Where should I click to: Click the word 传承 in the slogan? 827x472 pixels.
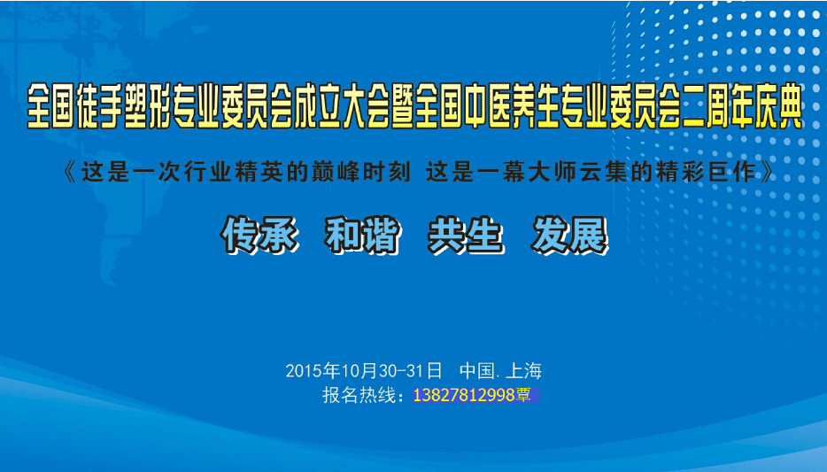[259, 236]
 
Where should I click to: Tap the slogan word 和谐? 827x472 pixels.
[363, 236]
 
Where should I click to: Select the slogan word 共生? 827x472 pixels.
[466, 236]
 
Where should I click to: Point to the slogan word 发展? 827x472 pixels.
[569, 236]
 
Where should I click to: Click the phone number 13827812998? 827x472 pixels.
[464, 395]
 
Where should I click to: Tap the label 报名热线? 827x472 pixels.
[359, 395]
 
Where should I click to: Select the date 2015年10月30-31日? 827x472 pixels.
[364, 371]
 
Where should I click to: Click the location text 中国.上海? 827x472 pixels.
[500, 371]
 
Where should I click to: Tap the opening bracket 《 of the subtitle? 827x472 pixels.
[70, 173]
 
